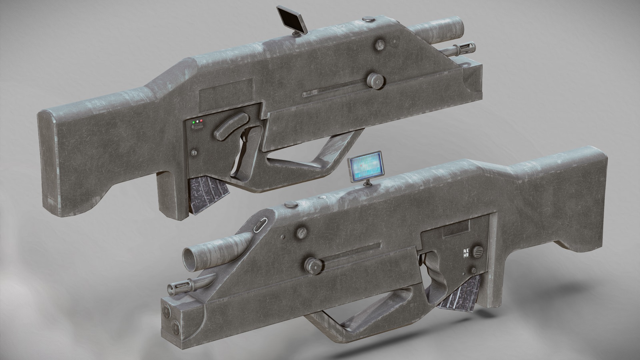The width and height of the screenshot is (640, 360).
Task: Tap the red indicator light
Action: (201, 120)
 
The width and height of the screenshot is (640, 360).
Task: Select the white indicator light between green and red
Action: (197, 121)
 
